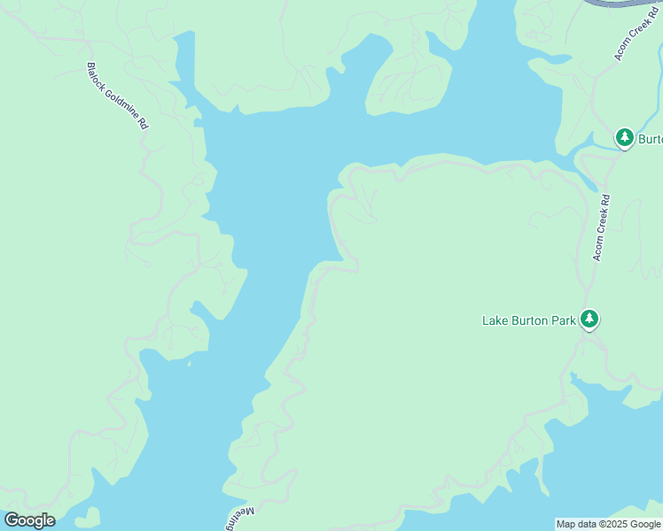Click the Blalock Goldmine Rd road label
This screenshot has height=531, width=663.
pos(117,96)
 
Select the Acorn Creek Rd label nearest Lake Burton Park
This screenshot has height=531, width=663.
pos(602,227)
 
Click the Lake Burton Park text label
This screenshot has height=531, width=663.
pos(529,320)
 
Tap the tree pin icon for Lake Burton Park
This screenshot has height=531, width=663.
pos(589,319)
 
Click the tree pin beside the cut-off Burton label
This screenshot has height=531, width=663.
pos(625,137)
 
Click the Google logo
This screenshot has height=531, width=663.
pos(29,520)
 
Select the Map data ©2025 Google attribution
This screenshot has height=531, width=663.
pos(608,524)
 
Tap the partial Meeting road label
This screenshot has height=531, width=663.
pos(238,519)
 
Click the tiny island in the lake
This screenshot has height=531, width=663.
pos(189,362)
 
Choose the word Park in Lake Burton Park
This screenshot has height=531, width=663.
pos(563,320)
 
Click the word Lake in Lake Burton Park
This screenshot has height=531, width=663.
pos(495,320)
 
